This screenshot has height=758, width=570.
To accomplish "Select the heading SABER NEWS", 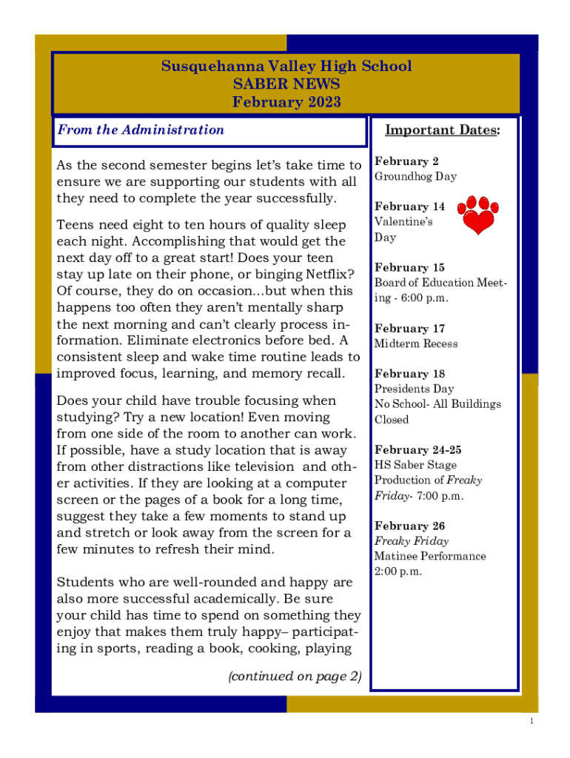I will coord(286,84).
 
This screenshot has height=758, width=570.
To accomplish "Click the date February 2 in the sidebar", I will coord(406,161).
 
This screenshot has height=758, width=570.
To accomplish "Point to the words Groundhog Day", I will coord(415,177).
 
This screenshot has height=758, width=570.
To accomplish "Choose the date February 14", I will coord(409,207).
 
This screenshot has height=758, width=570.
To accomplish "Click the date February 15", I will coord(409,267).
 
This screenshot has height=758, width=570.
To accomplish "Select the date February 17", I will coord(409,328).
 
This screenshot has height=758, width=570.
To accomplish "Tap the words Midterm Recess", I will coord(416,343).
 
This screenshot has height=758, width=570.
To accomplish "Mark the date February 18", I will coord(409,374).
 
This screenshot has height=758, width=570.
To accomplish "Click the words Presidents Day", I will coord(414,389).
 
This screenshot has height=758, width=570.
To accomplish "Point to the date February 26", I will coord(409,526).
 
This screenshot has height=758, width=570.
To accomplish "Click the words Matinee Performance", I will coord(430,557).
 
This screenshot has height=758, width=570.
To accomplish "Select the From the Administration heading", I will coord(141,130).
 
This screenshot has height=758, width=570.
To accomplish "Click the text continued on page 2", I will coord(295,676).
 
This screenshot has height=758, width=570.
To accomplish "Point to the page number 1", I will coord(532,722).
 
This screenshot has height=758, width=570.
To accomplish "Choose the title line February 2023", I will coord(286,102).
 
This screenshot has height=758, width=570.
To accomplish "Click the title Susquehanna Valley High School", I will coord(286,67).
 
